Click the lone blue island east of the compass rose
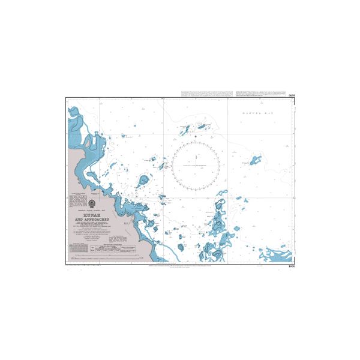(256, 160)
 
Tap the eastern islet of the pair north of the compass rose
(200, 126)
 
